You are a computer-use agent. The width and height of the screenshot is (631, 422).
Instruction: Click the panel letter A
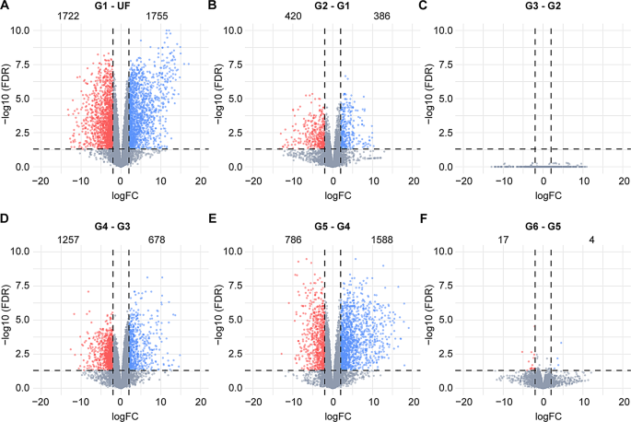click(6, 6)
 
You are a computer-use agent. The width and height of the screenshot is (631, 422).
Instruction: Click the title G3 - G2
click(543, 6)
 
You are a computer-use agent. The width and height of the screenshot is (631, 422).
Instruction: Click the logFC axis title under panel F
click(543, 415)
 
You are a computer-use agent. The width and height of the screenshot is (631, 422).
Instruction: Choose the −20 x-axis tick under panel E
click(251, 401)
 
